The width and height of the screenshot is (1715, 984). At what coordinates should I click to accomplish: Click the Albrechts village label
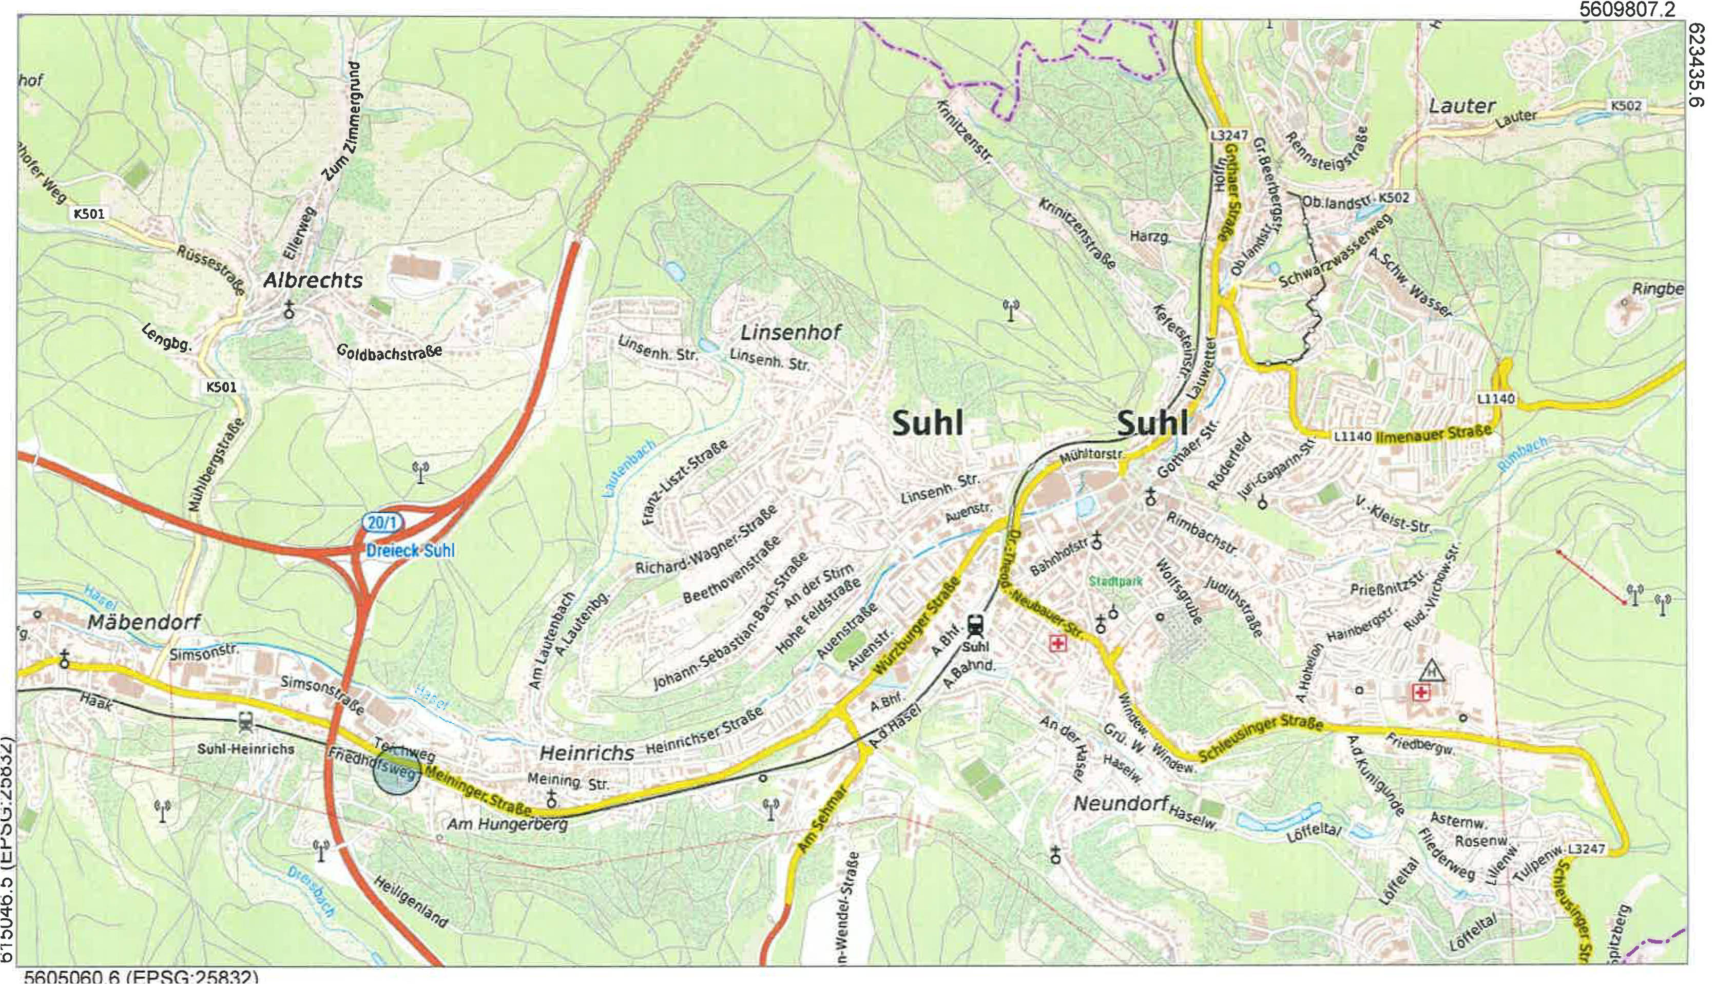(x=313, y=280)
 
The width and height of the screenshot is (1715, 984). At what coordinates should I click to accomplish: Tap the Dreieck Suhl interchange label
(x=410, y=550)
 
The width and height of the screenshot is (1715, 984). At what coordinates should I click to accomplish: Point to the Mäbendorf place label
(x=144, y=622)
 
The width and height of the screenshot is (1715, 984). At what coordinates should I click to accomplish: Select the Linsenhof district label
(x=791, y=333)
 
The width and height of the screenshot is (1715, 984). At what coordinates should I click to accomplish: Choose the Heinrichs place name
(x=587, y=753)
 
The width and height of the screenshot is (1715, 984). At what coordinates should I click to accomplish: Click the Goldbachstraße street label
(x=389, y=352)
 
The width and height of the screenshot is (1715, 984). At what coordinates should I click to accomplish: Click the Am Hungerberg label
(x=508, y=824)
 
